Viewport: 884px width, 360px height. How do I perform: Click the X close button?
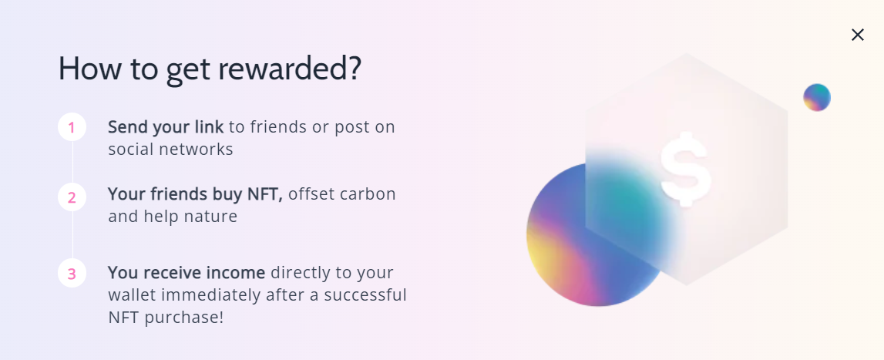coord(858,35)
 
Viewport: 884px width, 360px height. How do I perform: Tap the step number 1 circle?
coord(72,127)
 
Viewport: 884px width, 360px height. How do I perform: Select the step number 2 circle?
coord(72,197)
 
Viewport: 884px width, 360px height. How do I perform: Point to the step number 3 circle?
coord(72,274)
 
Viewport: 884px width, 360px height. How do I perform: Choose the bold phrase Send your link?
coord(166,127)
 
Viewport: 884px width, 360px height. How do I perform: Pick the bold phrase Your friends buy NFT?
coord(195,194)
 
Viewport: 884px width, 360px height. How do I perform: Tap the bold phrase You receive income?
coord(186,273)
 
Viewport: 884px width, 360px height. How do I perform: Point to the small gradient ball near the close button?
coord(817,98)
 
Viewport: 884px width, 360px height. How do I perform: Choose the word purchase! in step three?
coord(184,317)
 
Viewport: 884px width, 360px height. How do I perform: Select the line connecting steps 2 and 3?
coord(72,235)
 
